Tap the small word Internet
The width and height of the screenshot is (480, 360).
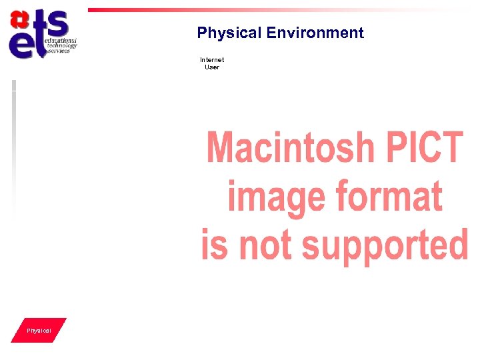click(x=212, y=60)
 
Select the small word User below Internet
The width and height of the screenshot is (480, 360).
click(x=212, y=67)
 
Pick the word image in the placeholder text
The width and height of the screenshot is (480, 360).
click(x=275, y=197)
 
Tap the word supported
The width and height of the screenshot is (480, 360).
click(x=385, y=245)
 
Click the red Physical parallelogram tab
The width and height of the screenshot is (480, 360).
click(x=39, y=331)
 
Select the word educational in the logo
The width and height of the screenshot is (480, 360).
click(x=61, y=41)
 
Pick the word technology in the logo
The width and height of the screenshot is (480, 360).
click(x=62, y=46)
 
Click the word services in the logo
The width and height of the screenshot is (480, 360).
click(x=59, y=51)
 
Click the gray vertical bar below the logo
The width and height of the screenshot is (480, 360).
click(x=13, y=147)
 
